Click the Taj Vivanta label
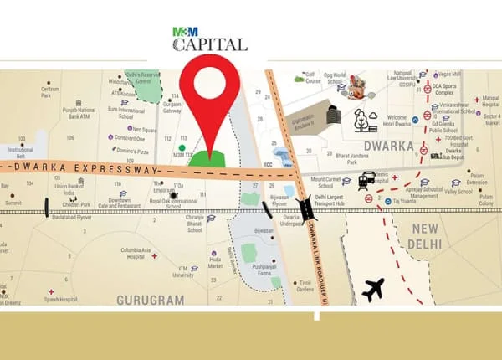click(x=400, y=202)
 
